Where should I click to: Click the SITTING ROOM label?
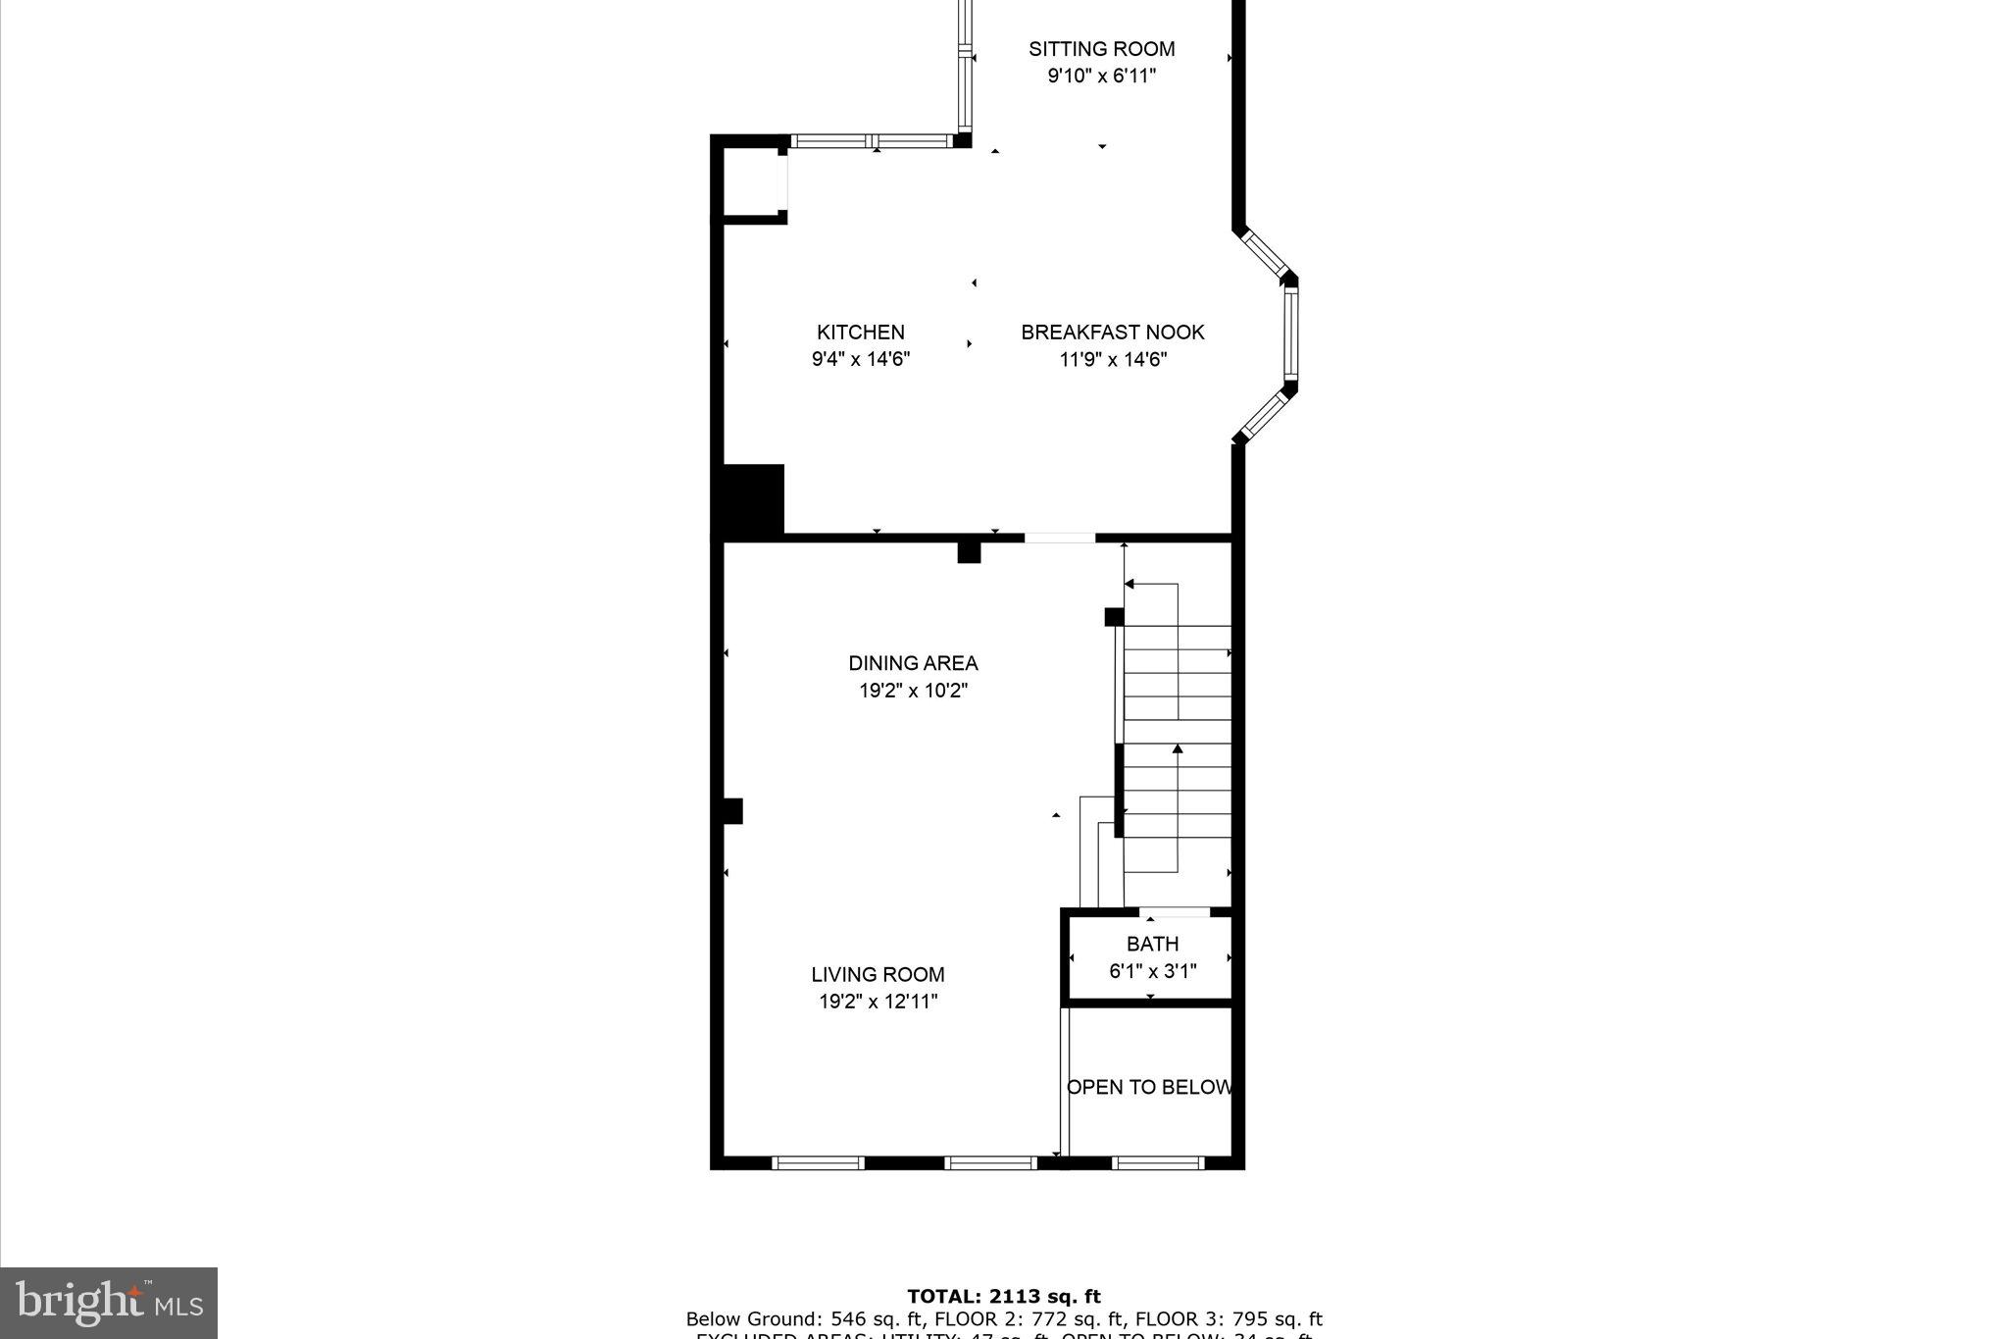click(x=1101, y=49)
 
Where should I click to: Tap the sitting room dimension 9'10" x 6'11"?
click(x=1101, y=77)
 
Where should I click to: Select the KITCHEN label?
click(x=860, y=333)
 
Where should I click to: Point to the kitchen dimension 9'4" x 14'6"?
click(x=860, y=359)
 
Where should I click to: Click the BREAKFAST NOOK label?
click(x=1112, y=333)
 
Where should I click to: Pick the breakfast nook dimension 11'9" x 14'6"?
click(x=1112, y=359)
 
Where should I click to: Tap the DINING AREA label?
click(x=913, y=663)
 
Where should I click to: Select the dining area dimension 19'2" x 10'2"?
click(x=913, y=691)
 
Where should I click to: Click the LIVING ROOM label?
click(x=878, y=974)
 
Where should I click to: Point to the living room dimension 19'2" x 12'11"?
click(x=878, y=1002)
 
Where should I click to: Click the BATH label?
click(x=1152, y=944)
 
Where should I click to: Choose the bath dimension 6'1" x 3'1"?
click(x=1152, y=971)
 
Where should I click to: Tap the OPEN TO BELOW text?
click(x=1149, y=1087)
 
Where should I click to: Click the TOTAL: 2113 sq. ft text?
click(x=1003, y=1297)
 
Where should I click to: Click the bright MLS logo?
click(x=109, y=1303)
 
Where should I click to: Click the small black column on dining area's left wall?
click(x=732, y=811)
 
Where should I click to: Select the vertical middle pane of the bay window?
click(x=1290, y=333)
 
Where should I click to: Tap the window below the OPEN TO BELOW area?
click(x=1158, y=1163)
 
